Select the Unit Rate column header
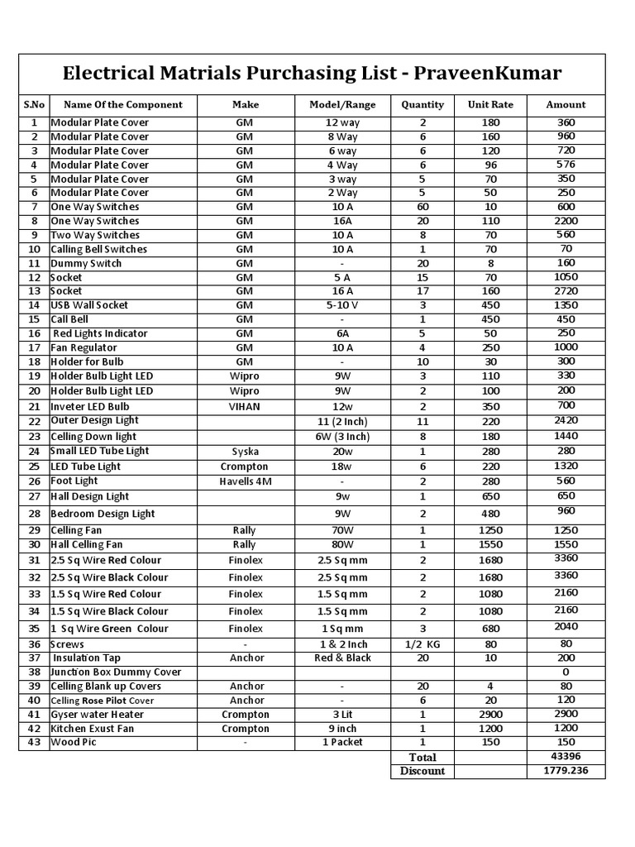(490, 105)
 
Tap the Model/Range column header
(342, 105)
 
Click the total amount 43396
(566, 756)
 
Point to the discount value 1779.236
(566, 770)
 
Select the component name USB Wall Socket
(89, 305)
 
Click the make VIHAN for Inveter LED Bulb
(245, 406)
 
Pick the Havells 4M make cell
(245, 481)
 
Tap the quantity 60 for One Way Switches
(423, 207)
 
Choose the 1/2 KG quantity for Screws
(423, 644)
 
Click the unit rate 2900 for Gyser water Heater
(490, 714)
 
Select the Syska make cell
(245, 452)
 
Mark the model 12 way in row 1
(342, 122)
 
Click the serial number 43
(34, 742)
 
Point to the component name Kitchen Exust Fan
(92, 728)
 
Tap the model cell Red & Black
(342, 658)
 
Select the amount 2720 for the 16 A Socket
(566, 291)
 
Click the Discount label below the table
(423, 771)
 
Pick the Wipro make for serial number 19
(245, 376)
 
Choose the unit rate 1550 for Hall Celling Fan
(490, 544)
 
